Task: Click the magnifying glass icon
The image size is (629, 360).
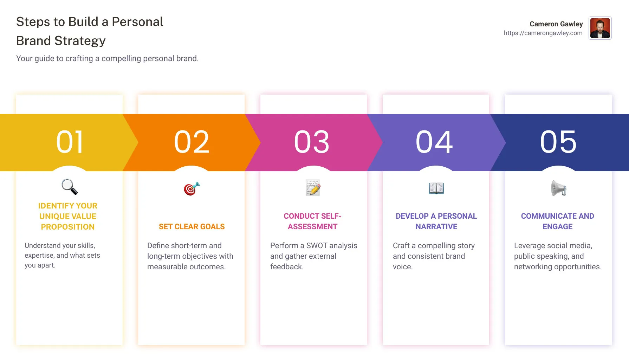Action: tap(69, 187)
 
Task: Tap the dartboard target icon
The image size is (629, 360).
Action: tap(192, 189)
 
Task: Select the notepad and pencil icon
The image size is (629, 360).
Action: tap(313, 188)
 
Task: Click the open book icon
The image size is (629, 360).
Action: tap(436, 188)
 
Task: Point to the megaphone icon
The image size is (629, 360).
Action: tap(558, 188)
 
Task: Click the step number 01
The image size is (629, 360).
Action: tap(70, 142)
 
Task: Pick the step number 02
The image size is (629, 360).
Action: tap(192, 142)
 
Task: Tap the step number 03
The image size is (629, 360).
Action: tap(312, 142)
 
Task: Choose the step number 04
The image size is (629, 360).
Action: tap(434, 142)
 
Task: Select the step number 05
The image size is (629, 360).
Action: tap(558, 142)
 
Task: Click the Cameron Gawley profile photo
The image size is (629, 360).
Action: tap(600, 28)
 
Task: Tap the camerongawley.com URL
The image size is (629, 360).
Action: tap(543, 33)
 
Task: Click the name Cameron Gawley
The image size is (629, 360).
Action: tap(556, 24)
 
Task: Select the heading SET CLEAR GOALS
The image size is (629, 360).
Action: tap(192, 227)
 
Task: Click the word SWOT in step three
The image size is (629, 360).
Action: tap(317, 246)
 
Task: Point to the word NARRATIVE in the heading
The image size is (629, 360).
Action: tap(436, 227)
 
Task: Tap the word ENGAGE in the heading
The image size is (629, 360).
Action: tap(557, 227)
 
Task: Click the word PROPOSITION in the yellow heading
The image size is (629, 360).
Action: tap(68, 227)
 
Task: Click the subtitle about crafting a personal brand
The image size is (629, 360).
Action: tap(107, 58)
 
